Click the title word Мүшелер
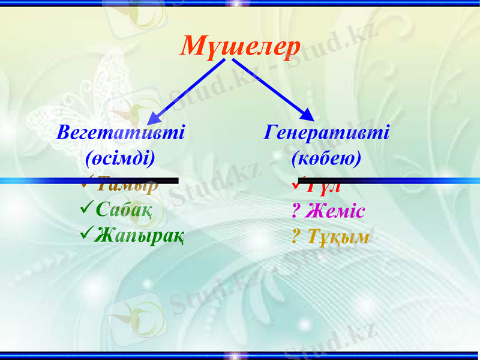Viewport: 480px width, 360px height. coord(240,46)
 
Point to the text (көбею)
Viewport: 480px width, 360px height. coord(326,158)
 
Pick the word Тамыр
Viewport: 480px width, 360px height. coord(127,184)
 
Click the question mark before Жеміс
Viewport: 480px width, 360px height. coord(295,212)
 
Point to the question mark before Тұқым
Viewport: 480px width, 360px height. coord(295,237)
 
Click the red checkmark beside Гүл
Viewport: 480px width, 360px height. coord(301,180)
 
